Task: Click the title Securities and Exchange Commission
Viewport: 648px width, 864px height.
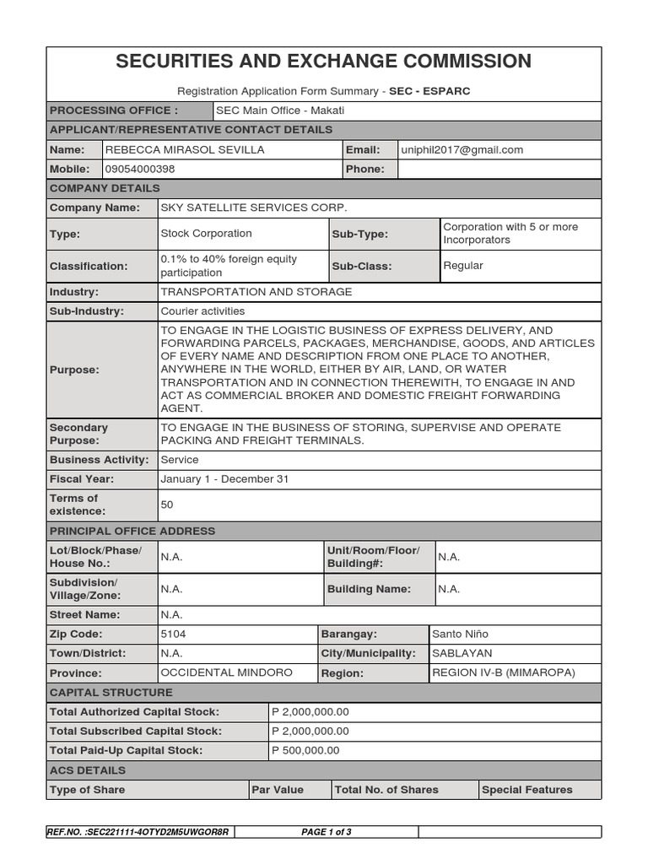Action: [323, 61]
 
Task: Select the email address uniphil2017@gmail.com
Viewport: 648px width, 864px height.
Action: [462, 149]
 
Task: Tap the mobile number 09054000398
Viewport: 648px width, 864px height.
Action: [140, 169]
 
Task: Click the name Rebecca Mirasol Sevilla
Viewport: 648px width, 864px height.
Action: [185, 149]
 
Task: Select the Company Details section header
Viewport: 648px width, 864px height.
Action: [105, 188]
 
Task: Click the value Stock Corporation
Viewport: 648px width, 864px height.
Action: [206, 234]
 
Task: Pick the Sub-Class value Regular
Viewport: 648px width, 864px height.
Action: [463, 266]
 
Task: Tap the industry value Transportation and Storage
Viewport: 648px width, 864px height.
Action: [256, 292]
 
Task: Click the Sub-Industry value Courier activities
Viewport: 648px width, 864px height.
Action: [202, 311]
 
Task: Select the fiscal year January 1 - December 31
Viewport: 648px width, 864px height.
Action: [224, 479]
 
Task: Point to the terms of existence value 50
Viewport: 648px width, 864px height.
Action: [167, 505]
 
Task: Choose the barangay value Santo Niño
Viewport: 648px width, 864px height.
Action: [460, 634]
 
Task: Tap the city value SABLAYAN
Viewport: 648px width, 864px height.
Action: [462, 653]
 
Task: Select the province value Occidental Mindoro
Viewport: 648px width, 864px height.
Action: [226, 672]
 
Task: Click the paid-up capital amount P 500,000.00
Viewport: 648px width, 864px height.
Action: [305, 750]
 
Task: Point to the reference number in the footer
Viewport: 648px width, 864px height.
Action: [138, 832]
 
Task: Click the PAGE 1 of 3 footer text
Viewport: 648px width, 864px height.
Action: [326, 832]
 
